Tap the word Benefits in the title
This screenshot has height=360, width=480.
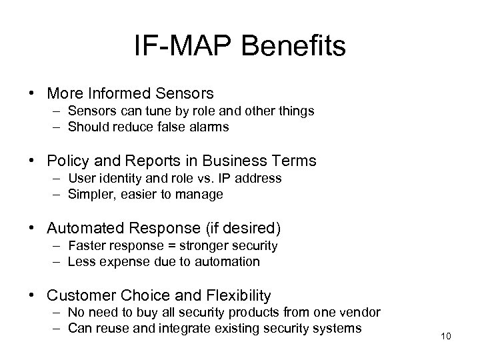(295, 47)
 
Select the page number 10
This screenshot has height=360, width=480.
(446, 335)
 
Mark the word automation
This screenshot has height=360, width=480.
(229, 262)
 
